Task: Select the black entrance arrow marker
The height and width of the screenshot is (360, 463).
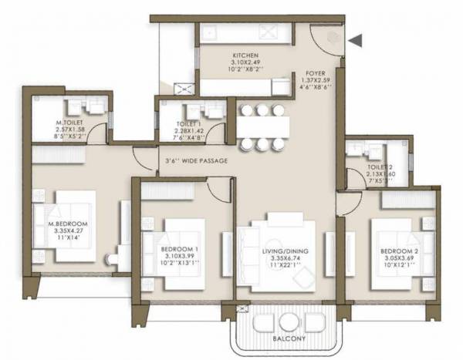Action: pos(355,40)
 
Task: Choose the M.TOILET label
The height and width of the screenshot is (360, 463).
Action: pos(69,123)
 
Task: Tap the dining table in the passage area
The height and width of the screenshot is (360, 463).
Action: pos(262,126)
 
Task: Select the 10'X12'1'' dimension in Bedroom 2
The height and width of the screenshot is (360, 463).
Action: pos(399,264)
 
